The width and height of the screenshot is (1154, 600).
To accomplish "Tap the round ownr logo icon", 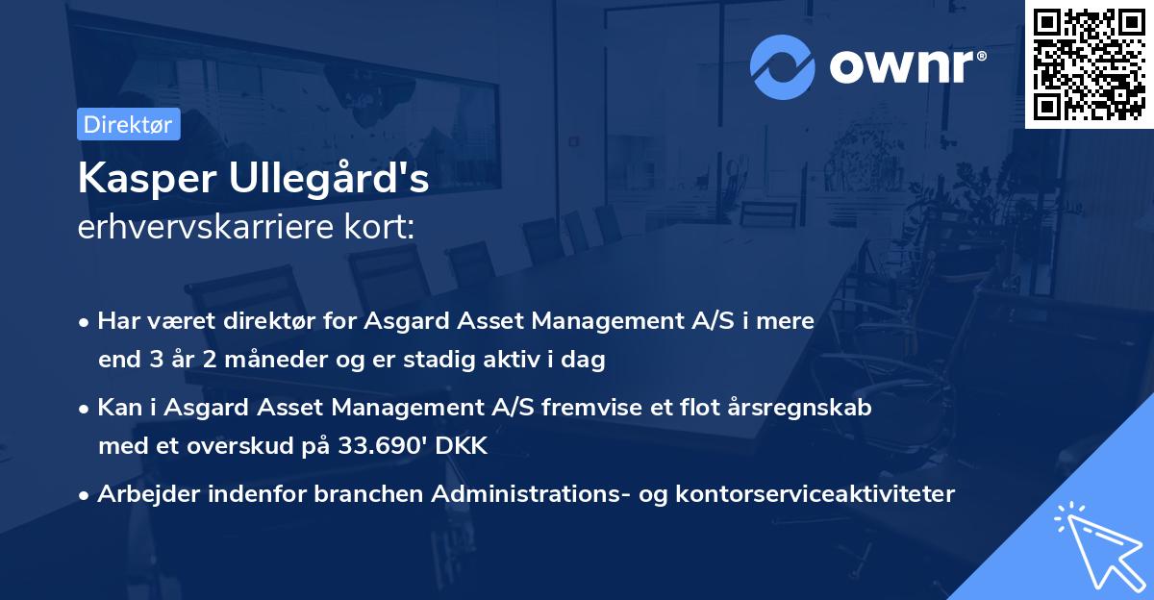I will [x=782, y=67].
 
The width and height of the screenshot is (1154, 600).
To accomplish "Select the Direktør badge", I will [x=128, y=124].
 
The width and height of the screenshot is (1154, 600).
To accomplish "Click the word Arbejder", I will [x=143, y=494].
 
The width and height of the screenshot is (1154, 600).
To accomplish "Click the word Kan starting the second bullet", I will [x=117, y=407].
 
